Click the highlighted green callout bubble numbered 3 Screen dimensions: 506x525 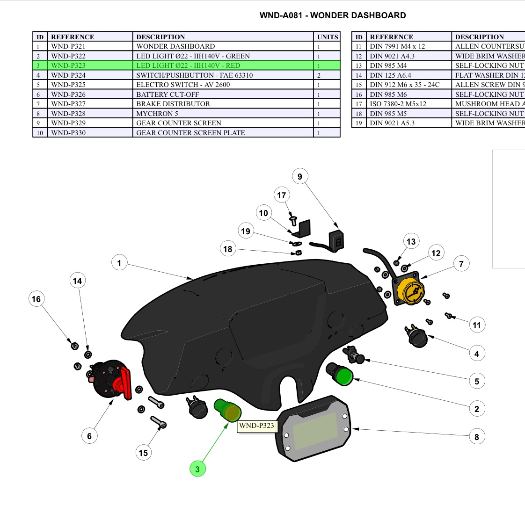[x=197, y=469]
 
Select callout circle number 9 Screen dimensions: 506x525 [x=300, y=177]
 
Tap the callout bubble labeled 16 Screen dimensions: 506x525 [x=36, y=299]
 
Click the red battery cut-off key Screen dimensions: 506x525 [x=125, y=383]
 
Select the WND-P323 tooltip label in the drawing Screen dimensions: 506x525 [x=257, y=426]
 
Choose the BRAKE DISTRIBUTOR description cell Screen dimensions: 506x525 [x=224, y=104]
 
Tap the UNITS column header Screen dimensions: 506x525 [x=328, y=37]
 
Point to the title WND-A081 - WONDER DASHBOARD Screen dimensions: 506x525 [x=333, y=15]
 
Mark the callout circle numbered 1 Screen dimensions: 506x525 [x=119, y=263]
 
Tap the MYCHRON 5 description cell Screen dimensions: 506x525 [x=224, y=114]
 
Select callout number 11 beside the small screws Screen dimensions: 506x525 [x=476, y=325]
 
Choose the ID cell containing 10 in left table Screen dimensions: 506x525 [x=40, y=133]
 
